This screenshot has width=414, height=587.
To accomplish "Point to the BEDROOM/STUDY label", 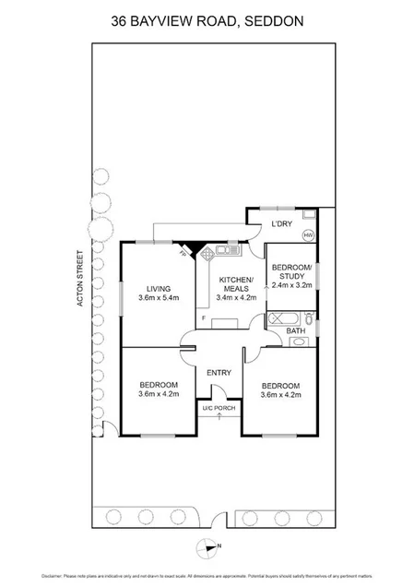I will [291, 271].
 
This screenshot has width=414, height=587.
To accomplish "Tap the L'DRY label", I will [280, 224].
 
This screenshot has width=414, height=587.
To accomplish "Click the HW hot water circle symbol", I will [308, 234].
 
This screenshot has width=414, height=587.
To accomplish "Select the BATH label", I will [294, 329].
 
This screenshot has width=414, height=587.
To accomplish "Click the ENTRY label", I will [219, 372].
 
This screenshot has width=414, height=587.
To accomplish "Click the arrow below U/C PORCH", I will [219, 417].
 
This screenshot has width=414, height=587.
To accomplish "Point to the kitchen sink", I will [228, 248].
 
